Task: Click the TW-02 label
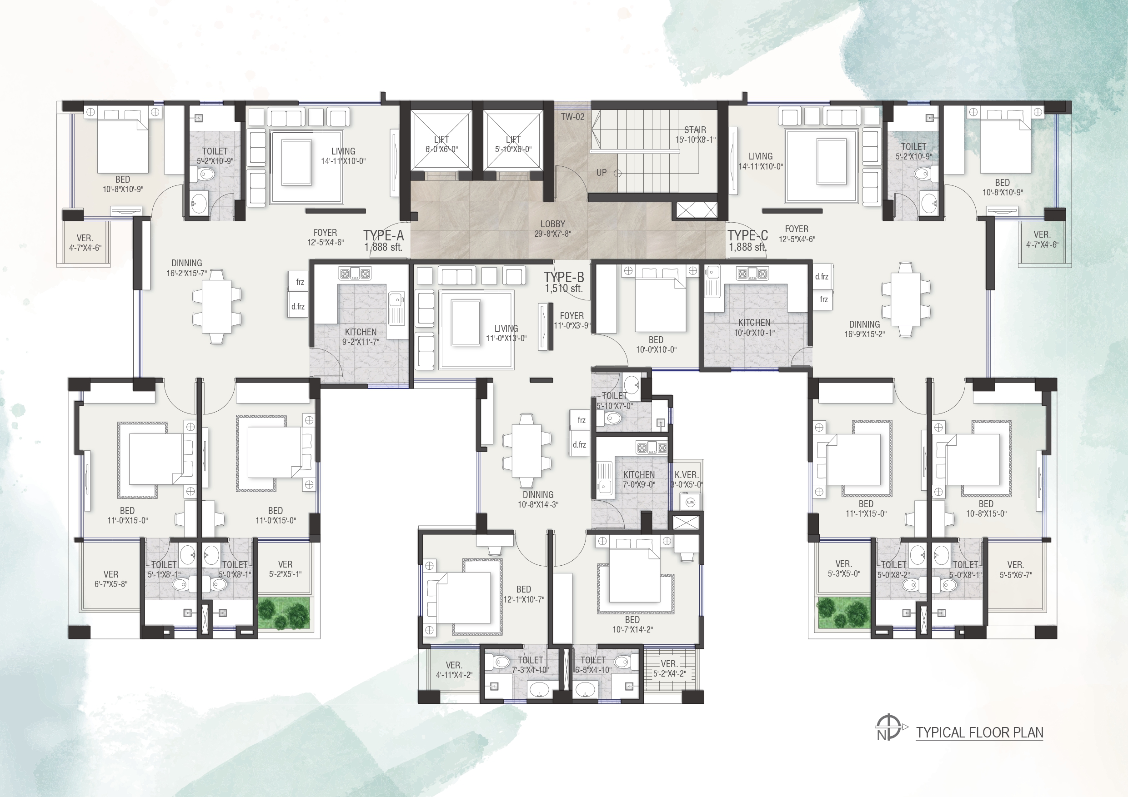tap(573, 117)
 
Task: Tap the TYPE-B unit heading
tap(563, 278)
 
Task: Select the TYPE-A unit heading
tap(384, 236)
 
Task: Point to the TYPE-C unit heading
tap(748, 236)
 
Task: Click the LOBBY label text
tap(553, 224)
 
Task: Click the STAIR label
tap(695, 130)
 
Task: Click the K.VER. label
tap(687, 475)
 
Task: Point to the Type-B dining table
tap(526, 450)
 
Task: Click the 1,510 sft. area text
tap(563, 289)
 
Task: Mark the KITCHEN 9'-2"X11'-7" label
tap(361, 337)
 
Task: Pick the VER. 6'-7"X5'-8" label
tap(110, 579)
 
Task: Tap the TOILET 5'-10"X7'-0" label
tap(614, 401)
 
